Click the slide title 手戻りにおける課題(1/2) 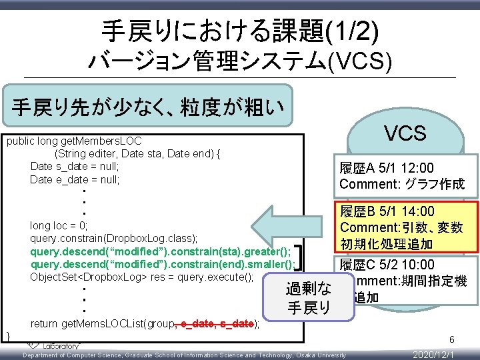pos(239,30)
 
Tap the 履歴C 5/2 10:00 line pos(387,265)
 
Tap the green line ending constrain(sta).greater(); pos(161,251)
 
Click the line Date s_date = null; pos(75,167)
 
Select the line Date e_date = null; pos(75,179)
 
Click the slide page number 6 pos(451,339)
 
